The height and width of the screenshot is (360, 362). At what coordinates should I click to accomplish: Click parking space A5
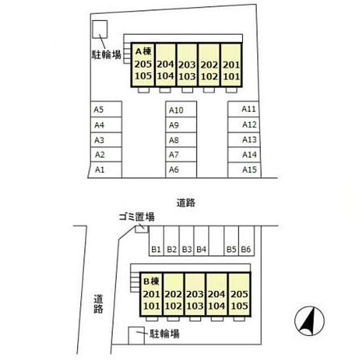[106, 109]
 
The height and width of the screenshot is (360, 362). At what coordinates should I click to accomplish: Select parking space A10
[181, 109]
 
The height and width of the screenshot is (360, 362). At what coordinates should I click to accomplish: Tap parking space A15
[244, 170]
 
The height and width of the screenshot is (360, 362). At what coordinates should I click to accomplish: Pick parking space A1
[105, 170]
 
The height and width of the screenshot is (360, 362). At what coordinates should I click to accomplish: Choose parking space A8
[181, 140]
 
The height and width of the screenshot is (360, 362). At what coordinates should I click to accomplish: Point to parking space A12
[244, 125]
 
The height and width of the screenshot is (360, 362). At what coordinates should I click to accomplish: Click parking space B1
[156, 241]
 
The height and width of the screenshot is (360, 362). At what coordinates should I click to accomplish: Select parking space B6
[246, 241]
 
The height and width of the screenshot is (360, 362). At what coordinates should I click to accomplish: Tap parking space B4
[201, 241]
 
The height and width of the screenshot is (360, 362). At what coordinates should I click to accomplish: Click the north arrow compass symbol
[309, 321]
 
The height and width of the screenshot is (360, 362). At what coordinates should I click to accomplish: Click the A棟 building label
[143, 52]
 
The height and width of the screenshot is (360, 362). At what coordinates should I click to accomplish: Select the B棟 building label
[151, 281]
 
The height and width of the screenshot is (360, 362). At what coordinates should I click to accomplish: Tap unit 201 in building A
[231, 65]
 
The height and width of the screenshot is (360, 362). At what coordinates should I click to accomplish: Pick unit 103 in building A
[187, 77]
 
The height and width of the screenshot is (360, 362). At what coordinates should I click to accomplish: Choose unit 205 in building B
[239, 294]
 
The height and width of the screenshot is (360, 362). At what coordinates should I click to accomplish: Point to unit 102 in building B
[173, 306]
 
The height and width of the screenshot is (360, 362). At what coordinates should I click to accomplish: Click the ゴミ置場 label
[137, 217]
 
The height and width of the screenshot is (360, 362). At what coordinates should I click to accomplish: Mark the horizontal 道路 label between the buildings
[186, 203]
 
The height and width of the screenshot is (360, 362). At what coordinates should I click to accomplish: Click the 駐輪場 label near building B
[164, 334]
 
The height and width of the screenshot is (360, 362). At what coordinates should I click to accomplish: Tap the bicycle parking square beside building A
[100, 29]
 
